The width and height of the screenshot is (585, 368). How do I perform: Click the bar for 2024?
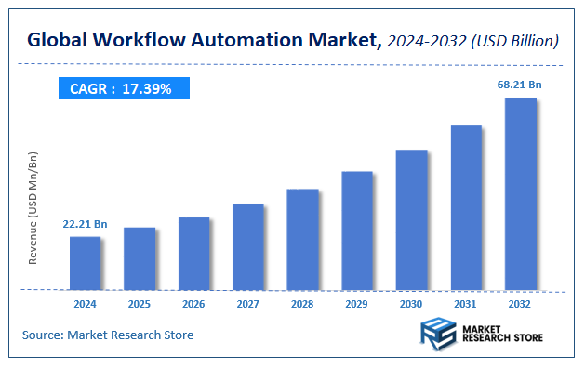coord(85,263)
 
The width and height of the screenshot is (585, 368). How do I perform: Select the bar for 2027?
coord(248,246)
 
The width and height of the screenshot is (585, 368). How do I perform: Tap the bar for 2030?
coord(411,219)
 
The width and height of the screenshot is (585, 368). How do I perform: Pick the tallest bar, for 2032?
coord(520,193)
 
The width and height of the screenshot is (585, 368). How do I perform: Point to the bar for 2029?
coord(357,230)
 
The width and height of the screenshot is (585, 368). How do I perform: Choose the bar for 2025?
coord(140,258)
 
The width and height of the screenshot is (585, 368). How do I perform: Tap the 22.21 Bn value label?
coord(85,224)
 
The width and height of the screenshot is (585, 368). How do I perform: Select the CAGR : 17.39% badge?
coord(122,88)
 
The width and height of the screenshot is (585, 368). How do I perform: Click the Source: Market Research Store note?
coord(108,335)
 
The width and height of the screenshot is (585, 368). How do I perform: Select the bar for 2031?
coord(466,207)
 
